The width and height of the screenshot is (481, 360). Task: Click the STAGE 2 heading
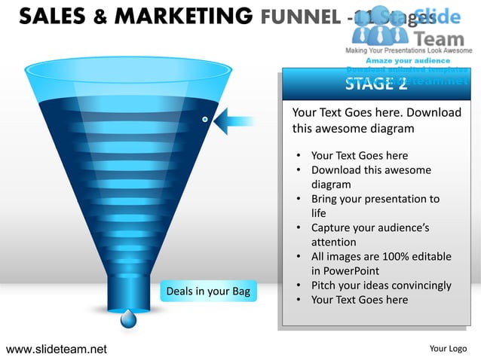point(375,84)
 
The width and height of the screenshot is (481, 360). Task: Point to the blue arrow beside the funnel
point(239,120)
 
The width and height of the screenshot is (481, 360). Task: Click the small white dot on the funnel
point(204,120)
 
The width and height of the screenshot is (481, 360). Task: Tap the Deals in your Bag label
point(207,291)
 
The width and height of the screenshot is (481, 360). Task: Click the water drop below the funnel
point(129,319)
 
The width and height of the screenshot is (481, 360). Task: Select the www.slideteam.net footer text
point(57,349)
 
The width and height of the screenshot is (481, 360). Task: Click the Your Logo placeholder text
point(448,349)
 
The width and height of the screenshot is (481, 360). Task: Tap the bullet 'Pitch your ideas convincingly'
point(381,285)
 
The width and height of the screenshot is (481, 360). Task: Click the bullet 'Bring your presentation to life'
point(375,206)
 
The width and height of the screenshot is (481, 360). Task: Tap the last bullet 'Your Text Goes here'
point(359,300)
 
